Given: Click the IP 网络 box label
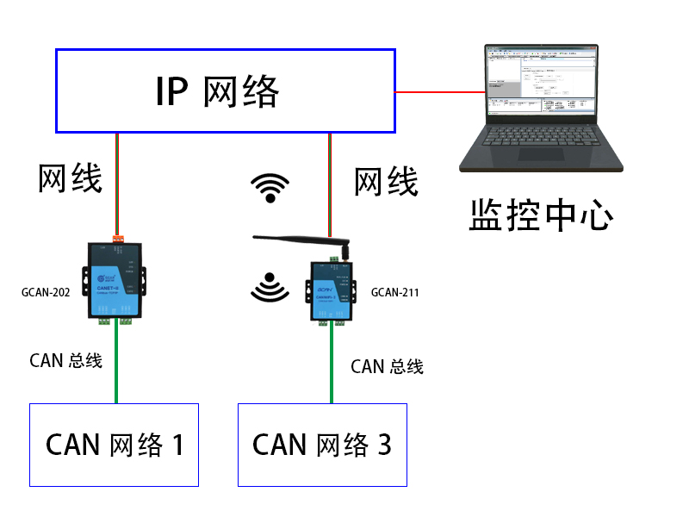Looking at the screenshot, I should click(217, 91).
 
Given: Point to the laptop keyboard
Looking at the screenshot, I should click(541, 143).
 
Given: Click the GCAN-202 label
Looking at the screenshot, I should click(46, 292).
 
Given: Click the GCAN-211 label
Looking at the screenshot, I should click(394, 292).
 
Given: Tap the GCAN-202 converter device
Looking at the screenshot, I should click(116, 280).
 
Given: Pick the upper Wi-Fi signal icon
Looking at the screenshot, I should click(270, 188).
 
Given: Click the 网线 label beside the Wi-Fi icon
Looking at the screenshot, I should click(386, 182).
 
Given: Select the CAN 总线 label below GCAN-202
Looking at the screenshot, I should click(65, 360).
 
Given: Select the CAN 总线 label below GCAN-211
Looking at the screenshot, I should click(387, 366).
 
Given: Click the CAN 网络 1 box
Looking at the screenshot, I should click(115, 445).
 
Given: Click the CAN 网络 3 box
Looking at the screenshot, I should click(322, 445).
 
